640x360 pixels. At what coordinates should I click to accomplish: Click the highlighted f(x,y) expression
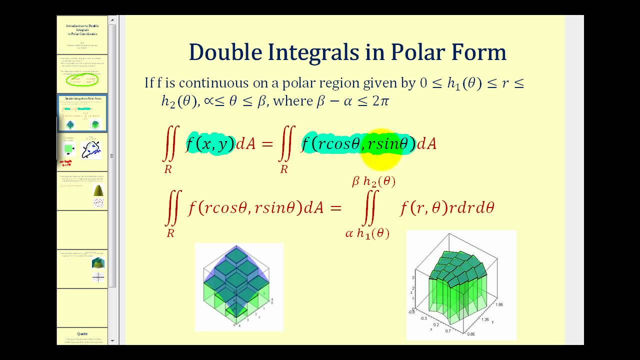point(210,144)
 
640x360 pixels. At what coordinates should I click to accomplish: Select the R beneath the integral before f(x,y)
point(168,169)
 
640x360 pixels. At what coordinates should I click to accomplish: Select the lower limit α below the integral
point(349,233)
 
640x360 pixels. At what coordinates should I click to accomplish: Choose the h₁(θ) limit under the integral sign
point(373,233)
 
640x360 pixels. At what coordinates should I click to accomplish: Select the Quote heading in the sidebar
point(82,333)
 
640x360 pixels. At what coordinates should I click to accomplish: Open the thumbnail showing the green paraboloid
point(98,190)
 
